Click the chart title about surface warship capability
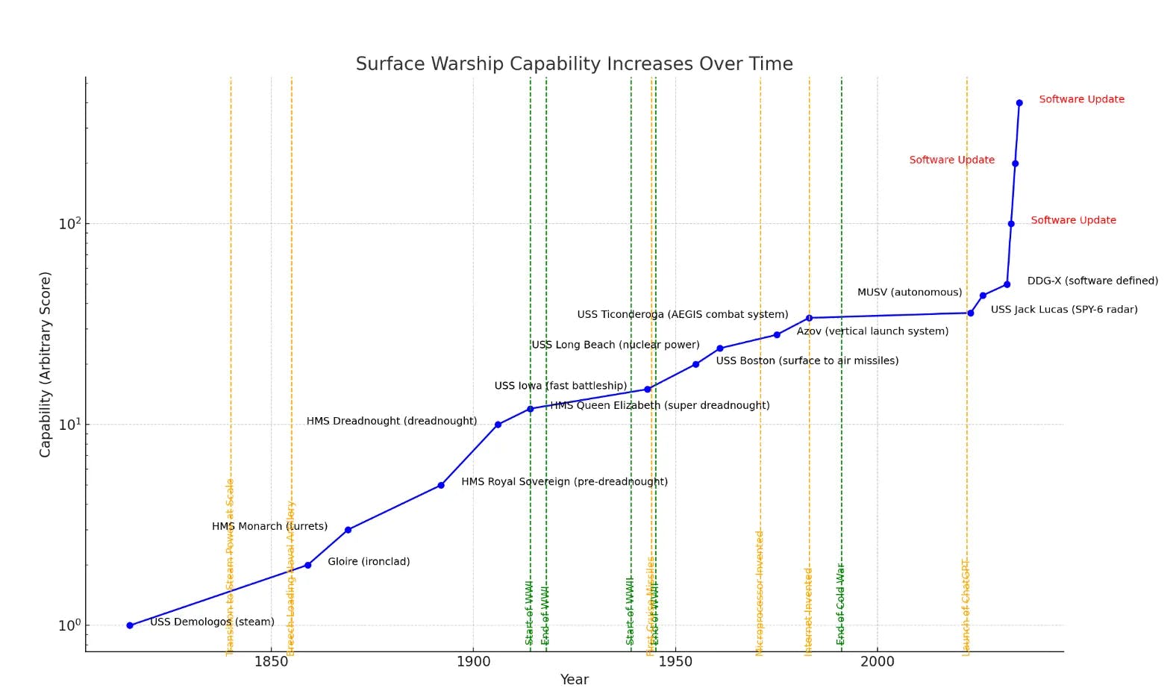click(x=574, y=64)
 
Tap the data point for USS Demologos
click(x=130, y=625)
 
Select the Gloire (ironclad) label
click(x=369, y=562)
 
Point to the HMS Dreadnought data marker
click(x=498, y=425)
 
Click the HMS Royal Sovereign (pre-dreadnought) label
click(x=564, y=482)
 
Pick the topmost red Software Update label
click(x=1081, y=99)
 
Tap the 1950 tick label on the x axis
click(x=675, y=661)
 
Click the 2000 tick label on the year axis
click(x=877, y=661)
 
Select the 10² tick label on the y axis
click(x=69, y=224)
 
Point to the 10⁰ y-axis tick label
click(x=69, y=625)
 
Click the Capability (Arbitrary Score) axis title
click(x=46, y=364)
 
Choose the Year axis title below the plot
click(x=574, y=680)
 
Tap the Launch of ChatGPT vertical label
click(x=966, y=607)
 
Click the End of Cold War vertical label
click(x=841, y=604)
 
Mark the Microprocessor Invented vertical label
click(x=760, y=593)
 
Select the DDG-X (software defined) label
click(x=1092, y=281)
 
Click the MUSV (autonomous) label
click(x=910, y=293)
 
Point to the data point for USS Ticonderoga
click(x=809, y=318)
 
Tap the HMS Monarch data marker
click(x=348, y=530)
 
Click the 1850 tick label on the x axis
click(x=271, y=661)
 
